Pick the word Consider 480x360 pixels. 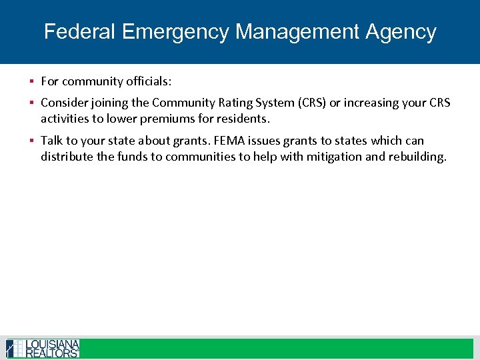point(64,103)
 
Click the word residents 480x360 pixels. point(243,119)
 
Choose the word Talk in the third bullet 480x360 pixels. point(52,141)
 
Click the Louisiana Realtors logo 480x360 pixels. point(43,348)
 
